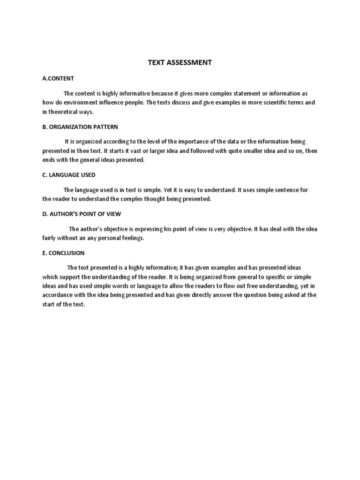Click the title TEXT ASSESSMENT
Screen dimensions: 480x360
coord(180,62)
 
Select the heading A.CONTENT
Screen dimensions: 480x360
coord(58,78)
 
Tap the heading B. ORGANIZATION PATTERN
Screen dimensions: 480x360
coord(80,127)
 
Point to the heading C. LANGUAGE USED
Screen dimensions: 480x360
coord(69,175)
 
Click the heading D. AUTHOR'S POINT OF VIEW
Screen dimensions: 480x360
coord(82,214)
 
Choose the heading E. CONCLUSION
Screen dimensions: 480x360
coord(63,253)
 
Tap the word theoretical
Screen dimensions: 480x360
coord(64,112)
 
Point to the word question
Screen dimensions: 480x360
coord(252,295)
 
